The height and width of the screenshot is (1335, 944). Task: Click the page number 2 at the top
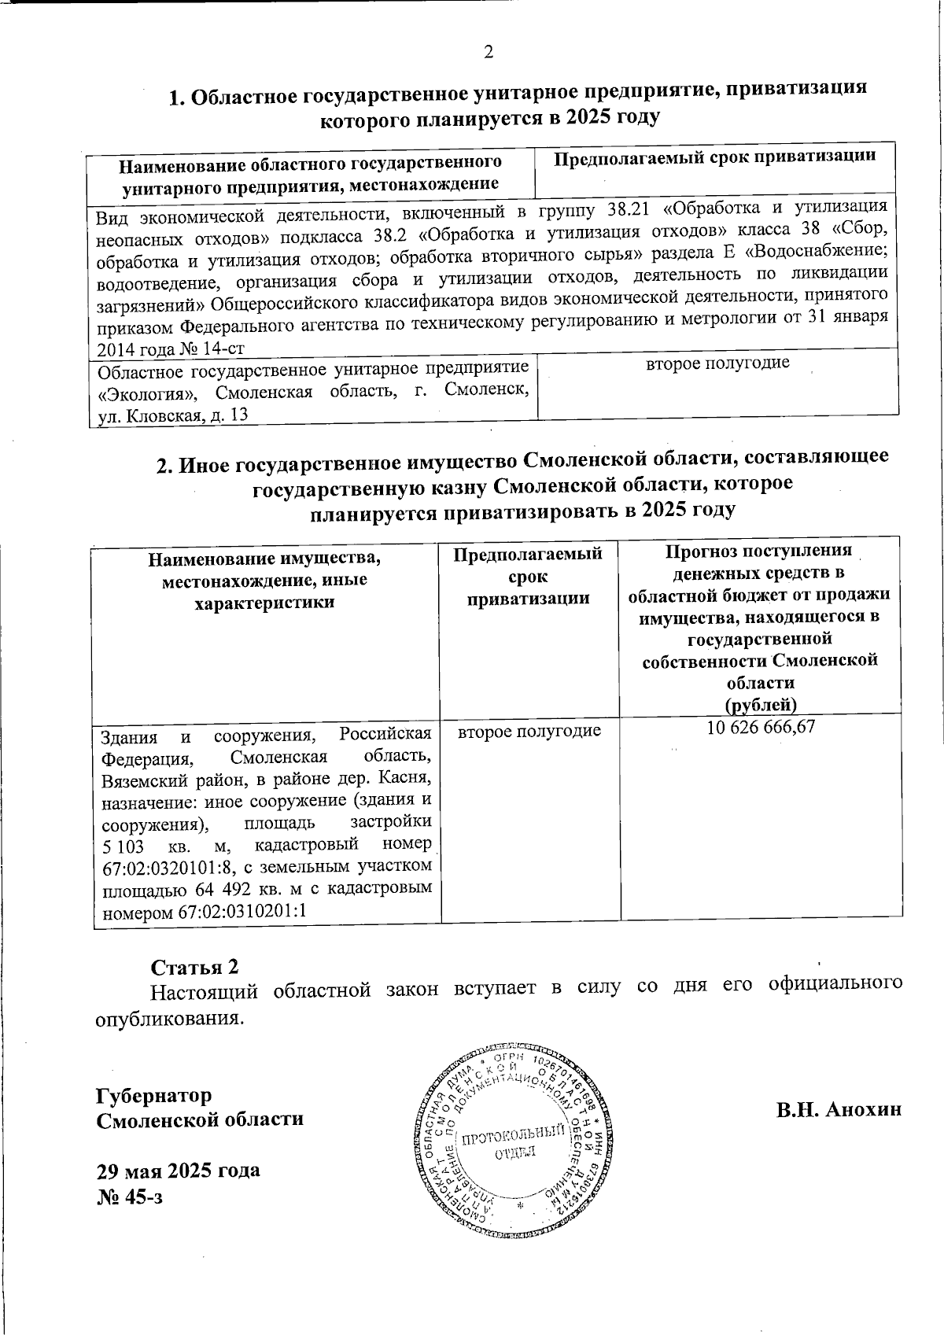tap(489, 53)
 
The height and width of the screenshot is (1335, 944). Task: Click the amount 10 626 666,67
tap(761, 728)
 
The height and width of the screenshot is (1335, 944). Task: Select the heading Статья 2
tap(194, 966)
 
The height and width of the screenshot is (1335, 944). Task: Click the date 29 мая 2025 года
tap(178, 1170)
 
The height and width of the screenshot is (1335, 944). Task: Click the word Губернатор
tap(153, 1094)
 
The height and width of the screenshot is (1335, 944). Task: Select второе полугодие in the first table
tap(717, 363)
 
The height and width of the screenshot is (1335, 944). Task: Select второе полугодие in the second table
tap(529, 731)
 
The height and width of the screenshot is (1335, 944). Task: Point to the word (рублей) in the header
tap(760, 703)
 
